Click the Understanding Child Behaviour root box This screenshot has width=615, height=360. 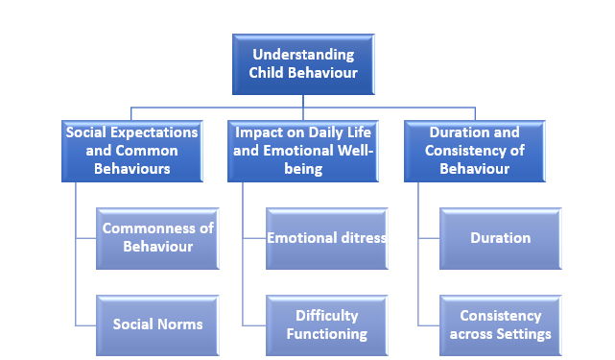pyautogui.click(x=303, y=64)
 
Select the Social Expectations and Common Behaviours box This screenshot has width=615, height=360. pyautogui.click(x=132, y=151)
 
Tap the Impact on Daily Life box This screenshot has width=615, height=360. pyautogui.click(x=303, y=151)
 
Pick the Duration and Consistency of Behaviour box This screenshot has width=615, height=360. pyautogui.click(x=475, y=151)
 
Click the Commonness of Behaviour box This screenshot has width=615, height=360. pyautogui.click(x=157, y=238)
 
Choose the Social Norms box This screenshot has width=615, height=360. pyautogui.click(x=157, y=325)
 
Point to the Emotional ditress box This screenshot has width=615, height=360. pyautogui.click(x=327, y=238)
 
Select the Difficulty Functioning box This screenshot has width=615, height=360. pyautogui.click(x=327, y=325)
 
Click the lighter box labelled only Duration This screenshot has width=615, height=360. pyautogui.click(x=501, y=238)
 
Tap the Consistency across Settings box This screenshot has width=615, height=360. pyautogui.click(x=501, y=325)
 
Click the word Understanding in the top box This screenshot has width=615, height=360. pyautogui.click(x=303, y=56)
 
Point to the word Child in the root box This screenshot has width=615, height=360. pyautogui.click(x=266, y=73)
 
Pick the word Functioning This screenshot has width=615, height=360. pyautogui.click(x=327, y=334)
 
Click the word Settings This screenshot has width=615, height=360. pyautogui.click(x=524, y=334)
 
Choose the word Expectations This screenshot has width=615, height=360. pyautogui.click(x=154, y=133)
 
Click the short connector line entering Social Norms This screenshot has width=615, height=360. pyautogui.click(x=86, y=325)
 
